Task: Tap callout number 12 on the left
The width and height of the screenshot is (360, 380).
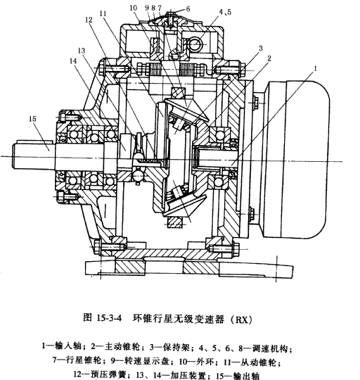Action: point(89,22)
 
